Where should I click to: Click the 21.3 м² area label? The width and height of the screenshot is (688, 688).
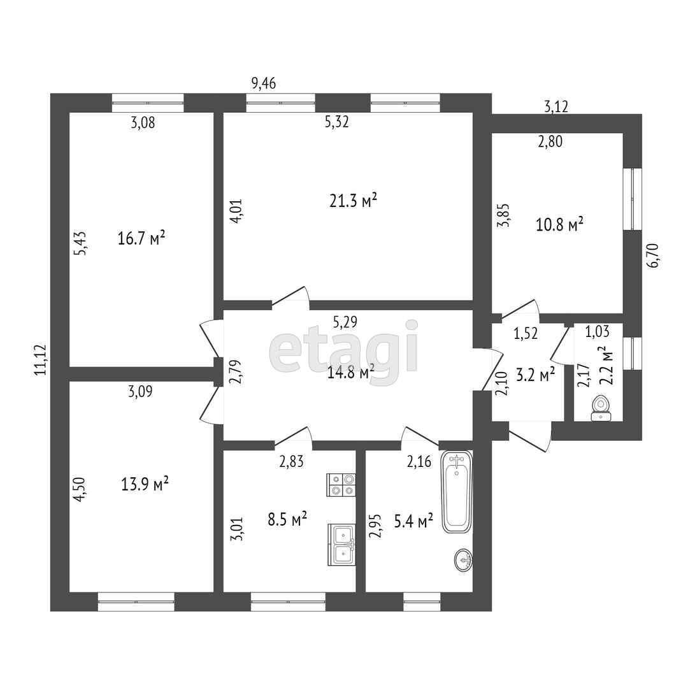tap(353, 201)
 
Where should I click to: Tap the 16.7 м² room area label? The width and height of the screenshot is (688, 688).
tap(141, 239)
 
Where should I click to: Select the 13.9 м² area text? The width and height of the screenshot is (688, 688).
tap(145, 484)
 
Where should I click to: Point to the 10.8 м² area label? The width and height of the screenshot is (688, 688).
tap(559, 225)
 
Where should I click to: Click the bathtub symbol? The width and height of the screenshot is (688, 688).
tap(457, 491)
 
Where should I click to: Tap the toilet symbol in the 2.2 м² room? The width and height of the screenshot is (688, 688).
tap(600, 408)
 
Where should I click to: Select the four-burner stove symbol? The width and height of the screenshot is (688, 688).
tap(341, 485)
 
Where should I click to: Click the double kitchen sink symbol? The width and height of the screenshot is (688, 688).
tap(341, 545)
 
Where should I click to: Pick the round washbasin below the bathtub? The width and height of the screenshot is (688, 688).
tap(463, 560)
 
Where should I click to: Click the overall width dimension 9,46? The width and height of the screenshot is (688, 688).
tap(263, 83)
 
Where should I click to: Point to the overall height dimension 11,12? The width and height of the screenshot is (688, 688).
tap(41, 359)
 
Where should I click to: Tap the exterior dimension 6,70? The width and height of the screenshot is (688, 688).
tap(652, 255)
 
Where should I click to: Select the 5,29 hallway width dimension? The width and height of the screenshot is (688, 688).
tap(345, 322)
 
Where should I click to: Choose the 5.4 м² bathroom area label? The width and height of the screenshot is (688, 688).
tap(414, 521)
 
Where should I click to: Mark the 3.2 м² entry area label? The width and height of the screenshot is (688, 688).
tap(535, 375)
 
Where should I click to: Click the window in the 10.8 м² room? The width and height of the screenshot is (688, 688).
tap(633, 199)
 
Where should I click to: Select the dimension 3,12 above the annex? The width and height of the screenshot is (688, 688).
tap(556, 106)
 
